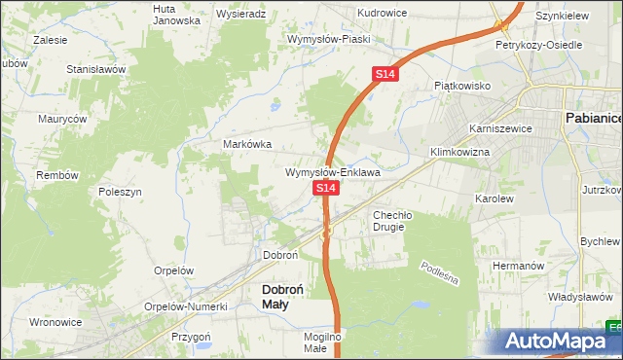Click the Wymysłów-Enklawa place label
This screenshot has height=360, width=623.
(x=332, y=172)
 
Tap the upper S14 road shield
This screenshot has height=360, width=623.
(x=385, y=74)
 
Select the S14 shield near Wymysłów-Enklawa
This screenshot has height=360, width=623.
(x=326, y=187)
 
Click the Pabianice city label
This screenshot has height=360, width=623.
(x=593, y=118)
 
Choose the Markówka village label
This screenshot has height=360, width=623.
(x=247, y=144)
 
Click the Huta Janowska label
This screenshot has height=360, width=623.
(x=176, y=14)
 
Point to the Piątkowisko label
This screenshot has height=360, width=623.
(x=462, y=86)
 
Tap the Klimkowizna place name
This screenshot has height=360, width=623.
(x=459, y=153)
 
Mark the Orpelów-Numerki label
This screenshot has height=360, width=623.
(x=185, y=306)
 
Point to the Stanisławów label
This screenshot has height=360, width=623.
(x=97, y=70)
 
